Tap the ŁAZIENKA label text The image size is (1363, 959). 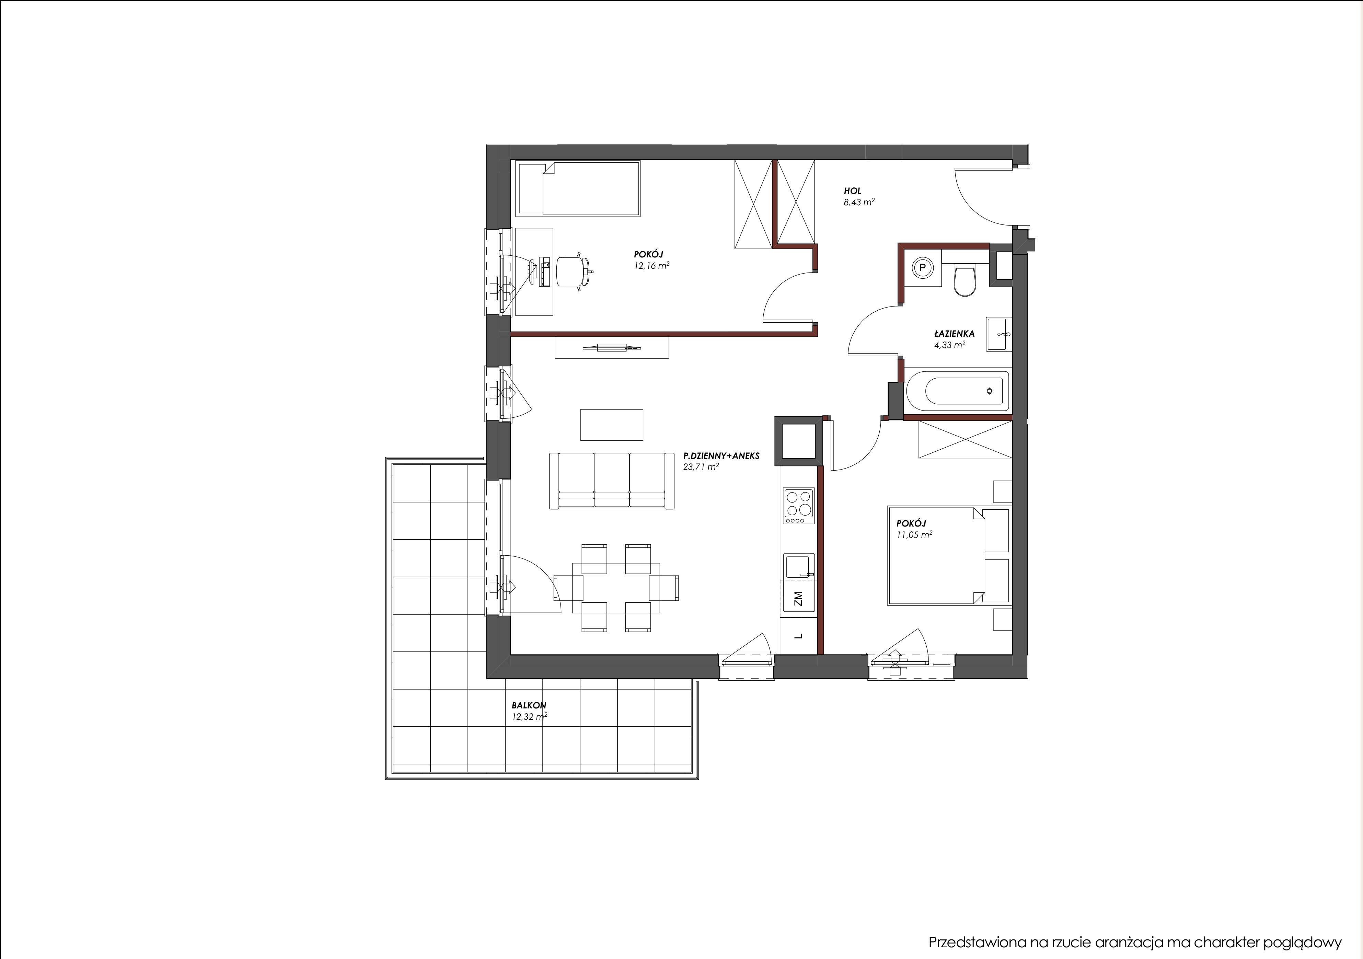954,334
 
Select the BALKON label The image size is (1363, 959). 529,705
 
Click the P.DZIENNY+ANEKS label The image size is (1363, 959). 721,456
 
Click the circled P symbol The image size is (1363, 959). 923,268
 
